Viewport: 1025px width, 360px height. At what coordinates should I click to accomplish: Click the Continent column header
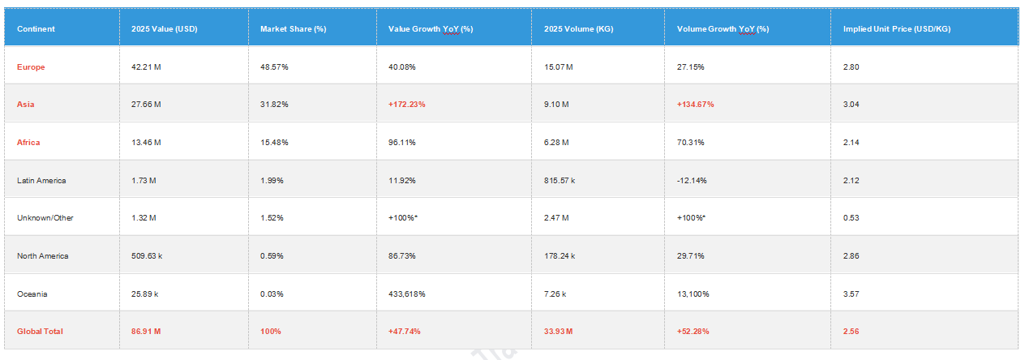click(36, 29)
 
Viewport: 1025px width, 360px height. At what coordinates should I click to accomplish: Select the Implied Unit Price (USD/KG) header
click(897, 29)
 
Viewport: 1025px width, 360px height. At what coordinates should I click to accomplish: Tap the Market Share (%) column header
click(294, 29)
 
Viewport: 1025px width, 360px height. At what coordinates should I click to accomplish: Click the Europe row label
click(31, 66)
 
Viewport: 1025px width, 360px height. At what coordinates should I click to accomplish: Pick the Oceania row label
click(32, 294)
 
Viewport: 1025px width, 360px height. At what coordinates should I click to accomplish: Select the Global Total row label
click(40, 331)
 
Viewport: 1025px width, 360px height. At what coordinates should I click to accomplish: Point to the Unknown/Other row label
click(45, 218)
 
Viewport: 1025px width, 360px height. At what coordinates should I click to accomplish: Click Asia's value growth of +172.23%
click(407, 105)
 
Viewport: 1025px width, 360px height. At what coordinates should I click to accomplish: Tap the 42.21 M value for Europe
click(146, 66)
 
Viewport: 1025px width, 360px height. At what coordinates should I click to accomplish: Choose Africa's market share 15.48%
click(274, 142)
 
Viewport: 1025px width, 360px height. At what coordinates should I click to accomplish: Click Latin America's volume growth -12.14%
click(692, 180)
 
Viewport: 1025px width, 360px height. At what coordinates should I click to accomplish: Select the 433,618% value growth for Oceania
click(407, 294)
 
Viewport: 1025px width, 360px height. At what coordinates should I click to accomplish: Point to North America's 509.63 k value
click(147, 255)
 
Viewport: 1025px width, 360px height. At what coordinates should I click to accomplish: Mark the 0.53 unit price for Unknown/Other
click(851, 218)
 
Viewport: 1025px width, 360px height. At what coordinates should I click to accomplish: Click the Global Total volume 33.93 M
click(558, 331)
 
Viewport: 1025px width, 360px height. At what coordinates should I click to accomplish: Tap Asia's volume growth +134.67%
click(696, 105)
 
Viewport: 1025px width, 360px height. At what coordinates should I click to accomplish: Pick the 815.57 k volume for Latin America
click(560, 180)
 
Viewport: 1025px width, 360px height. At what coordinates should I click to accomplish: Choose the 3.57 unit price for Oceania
click(851, 294)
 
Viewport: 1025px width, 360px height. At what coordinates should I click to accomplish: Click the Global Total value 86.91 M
click(146, 331)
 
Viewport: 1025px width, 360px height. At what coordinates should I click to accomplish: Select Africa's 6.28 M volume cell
click(556, 142)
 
